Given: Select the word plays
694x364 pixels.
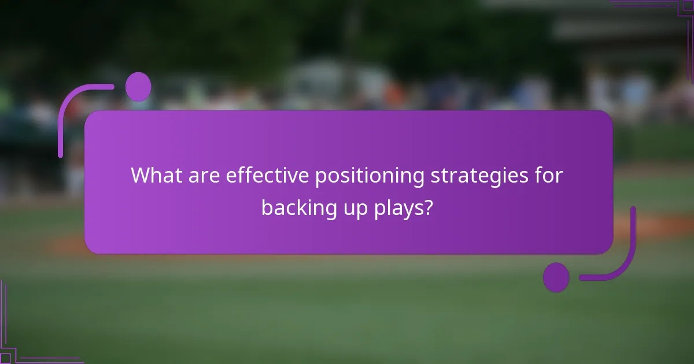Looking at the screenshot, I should (x=397, y=208).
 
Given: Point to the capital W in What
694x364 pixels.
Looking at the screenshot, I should (x=141, y=176).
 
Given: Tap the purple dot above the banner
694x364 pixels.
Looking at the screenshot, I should (x=138, y=87).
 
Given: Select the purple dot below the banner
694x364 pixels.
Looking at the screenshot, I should (x=556, y=277).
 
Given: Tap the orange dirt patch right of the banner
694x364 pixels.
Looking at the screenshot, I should (x=654, y=227).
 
